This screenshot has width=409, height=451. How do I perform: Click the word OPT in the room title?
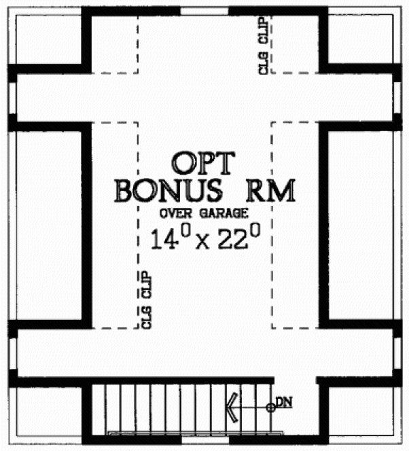(202, 163)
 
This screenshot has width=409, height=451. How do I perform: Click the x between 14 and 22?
(200, 242)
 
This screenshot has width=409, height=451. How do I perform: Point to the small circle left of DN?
(270, 408)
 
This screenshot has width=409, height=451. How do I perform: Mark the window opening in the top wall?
(204, 10)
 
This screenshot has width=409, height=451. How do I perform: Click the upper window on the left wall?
(12, 98)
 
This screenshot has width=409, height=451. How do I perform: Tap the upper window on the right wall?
(397, 98)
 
